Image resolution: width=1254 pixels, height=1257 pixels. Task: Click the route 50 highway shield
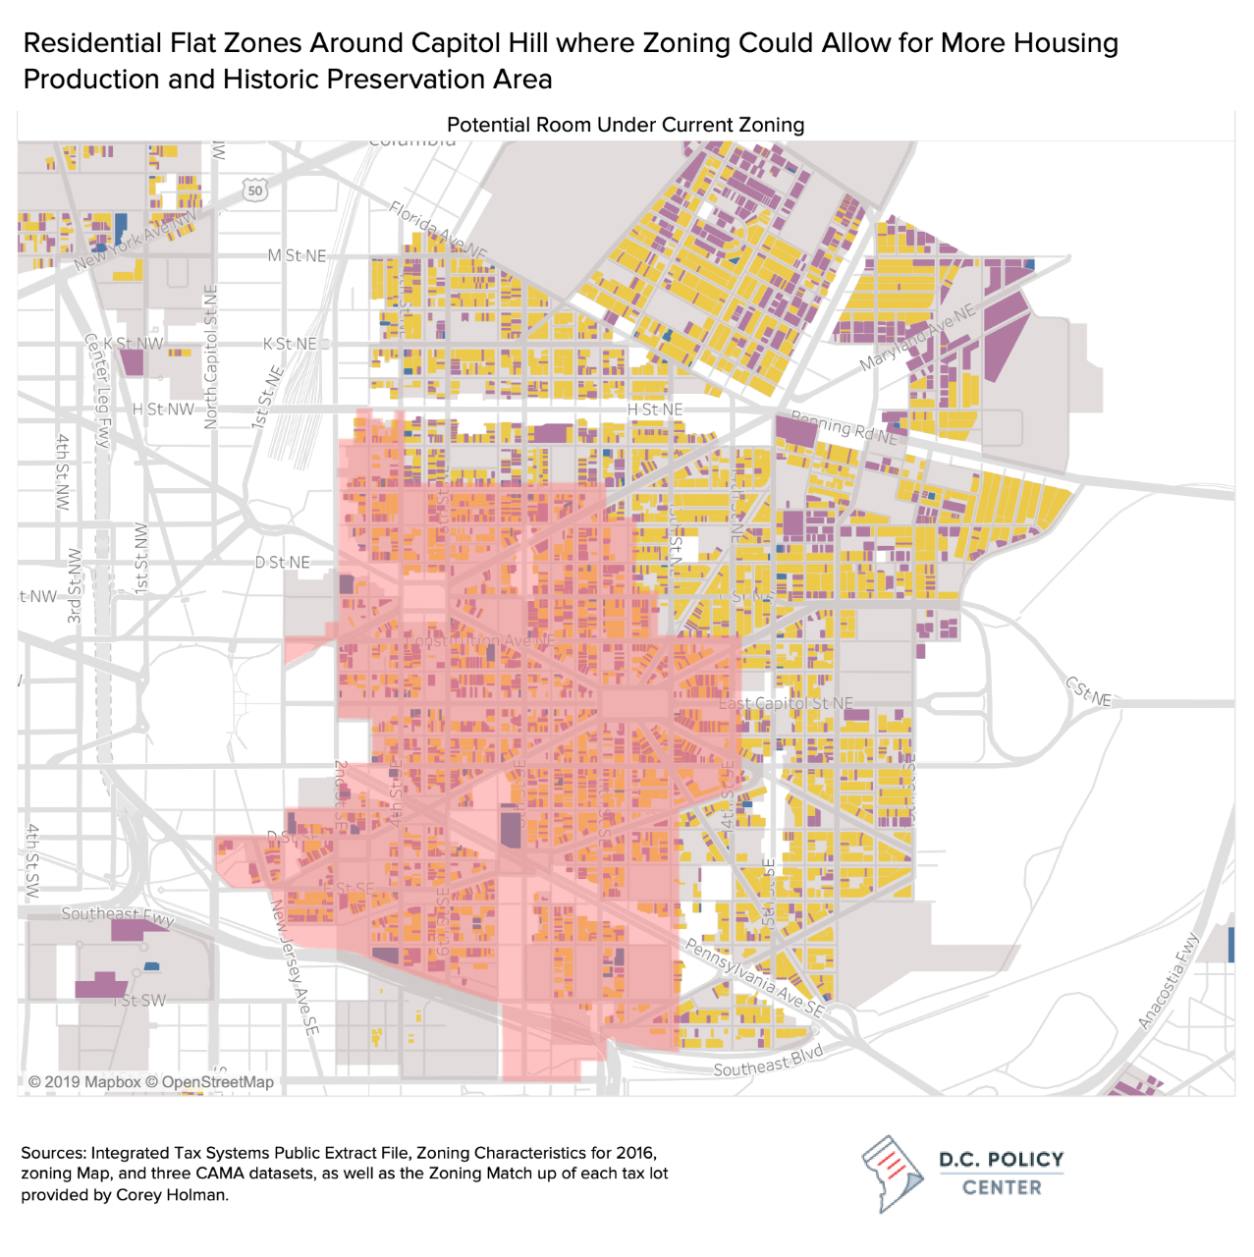(255, 191)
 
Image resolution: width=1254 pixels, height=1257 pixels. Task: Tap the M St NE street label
(297, 255)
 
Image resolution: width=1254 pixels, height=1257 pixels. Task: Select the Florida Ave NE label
(437, 231)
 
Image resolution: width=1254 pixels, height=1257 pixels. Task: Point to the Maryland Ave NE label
(918, 338)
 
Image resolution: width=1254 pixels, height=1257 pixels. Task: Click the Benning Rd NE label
(845, 428)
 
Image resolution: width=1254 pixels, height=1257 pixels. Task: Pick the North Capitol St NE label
(211, 357)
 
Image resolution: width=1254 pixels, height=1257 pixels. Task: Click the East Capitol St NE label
(786, 703)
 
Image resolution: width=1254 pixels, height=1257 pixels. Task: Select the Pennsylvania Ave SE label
(755, 978)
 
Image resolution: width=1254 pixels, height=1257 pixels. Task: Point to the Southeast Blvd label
(768, 1062)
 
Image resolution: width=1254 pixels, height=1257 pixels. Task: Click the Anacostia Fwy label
(1170, 981)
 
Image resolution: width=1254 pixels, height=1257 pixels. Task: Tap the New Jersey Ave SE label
(295, 967)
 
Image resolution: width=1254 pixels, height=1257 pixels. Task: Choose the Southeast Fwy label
(117, 915)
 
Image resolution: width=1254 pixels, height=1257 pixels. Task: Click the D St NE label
(283, 563)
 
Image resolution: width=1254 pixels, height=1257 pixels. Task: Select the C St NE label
(1089, 691)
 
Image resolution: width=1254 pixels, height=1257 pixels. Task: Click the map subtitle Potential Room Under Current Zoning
(626, 125)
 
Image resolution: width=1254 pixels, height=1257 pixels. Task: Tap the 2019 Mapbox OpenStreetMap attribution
(151, 1082)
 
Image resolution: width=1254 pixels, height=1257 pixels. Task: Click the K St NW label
(134, 344)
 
